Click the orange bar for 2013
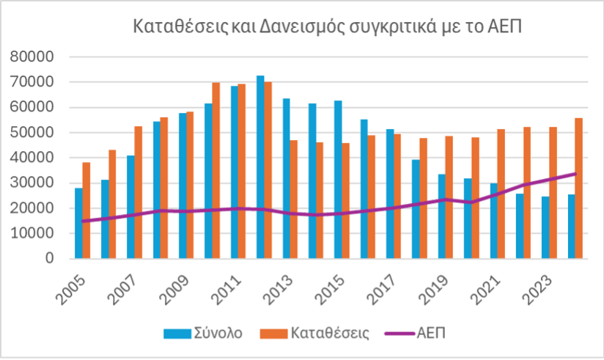294,199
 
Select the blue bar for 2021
494,221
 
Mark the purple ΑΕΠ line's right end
575,174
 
